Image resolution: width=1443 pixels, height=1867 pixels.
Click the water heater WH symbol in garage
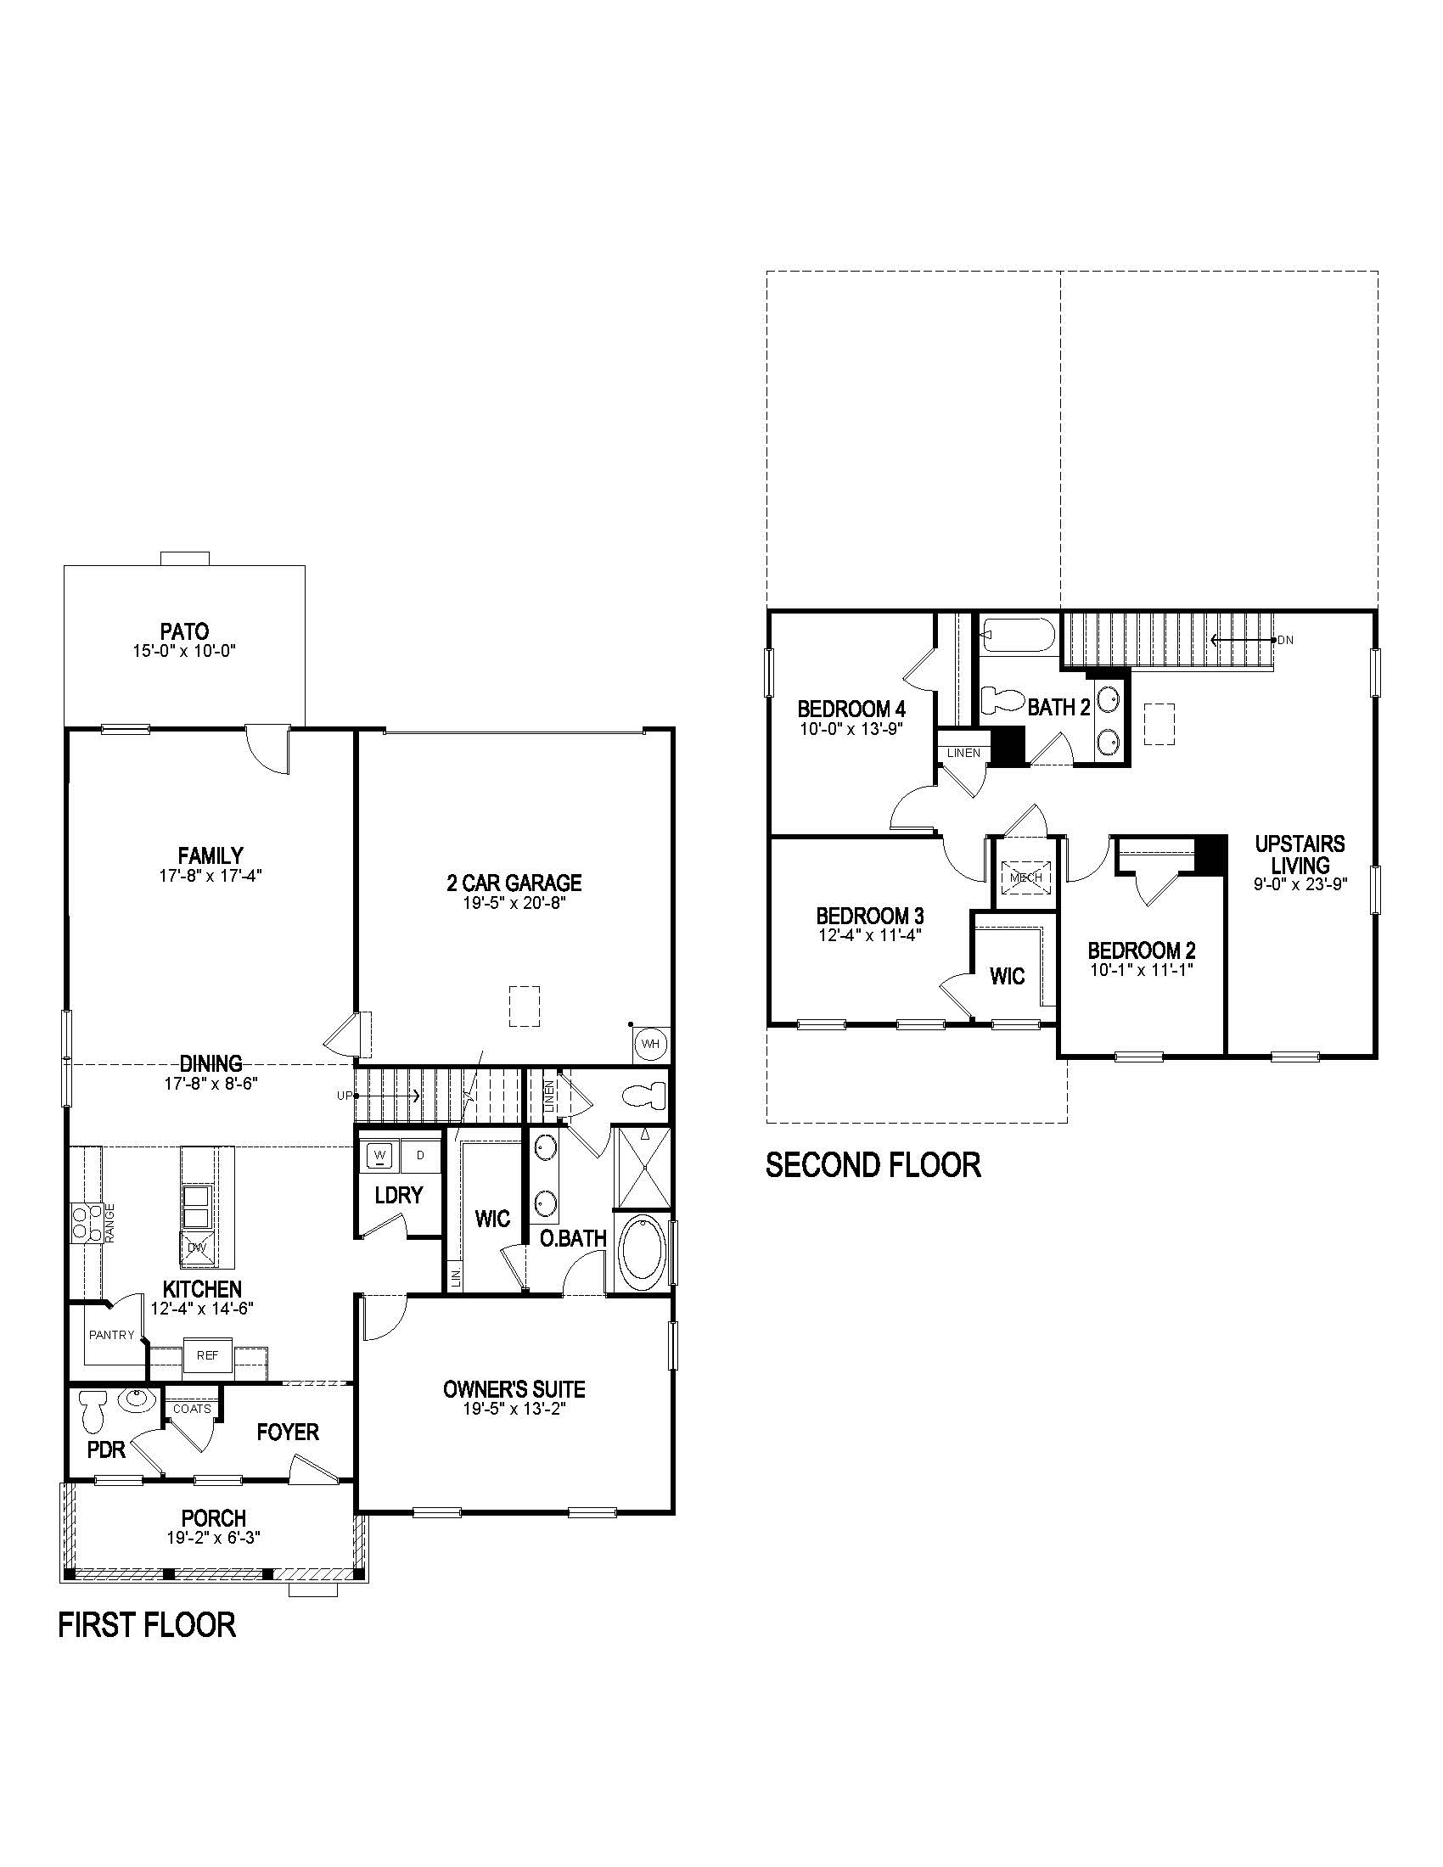[650, 1044]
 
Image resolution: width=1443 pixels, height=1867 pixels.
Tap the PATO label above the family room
[185, 631]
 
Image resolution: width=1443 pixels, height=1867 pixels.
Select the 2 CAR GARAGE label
[514, 883]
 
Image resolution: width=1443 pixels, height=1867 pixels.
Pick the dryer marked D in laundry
[420, 1156]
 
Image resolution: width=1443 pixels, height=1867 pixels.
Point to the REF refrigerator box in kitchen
[207, 1355]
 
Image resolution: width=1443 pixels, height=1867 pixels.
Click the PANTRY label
[112, 1334]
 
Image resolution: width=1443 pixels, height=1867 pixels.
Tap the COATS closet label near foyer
[192, 1409]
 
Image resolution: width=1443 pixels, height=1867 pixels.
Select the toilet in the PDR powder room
[93, 1411]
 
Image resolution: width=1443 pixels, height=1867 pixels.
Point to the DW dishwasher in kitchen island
[198, 1247]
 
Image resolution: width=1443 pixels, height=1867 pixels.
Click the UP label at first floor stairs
[344, 1095]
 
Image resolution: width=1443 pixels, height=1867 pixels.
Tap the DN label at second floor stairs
[1286, 639]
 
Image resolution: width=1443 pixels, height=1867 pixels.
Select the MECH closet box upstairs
[1026, 877]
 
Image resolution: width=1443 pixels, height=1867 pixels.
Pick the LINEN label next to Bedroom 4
[963, 753]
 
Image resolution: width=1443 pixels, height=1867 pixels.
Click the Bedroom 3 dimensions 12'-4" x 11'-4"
[868, 935]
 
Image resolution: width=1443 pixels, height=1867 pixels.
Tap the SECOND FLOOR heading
[873, 1165]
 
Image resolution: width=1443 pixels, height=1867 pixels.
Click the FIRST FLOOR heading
[147, 1624]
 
